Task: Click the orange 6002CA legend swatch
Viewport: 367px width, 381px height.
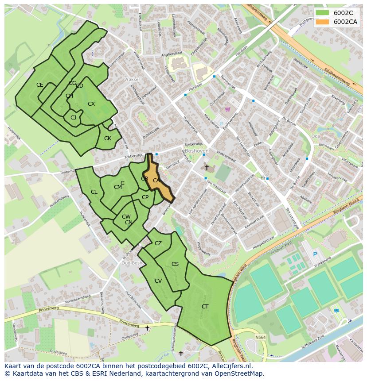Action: click(322, 22)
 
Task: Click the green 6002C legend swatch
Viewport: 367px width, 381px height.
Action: click(322, 13)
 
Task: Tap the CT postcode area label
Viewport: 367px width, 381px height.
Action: click(205, 307)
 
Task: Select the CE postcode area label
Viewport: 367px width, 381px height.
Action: click(40, 85)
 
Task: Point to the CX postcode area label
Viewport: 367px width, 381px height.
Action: click(91, 104)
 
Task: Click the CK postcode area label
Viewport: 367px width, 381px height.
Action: click(107, 139)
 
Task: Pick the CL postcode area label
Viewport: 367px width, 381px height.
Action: click(94, 192)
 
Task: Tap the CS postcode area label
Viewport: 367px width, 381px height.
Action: click(175, 264)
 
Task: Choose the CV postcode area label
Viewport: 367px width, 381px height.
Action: click(158, 281)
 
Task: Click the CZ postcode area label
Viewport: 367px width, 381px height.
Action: click(158, 243)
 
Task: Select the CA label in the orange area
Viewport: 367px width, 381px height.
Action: click(156, 181)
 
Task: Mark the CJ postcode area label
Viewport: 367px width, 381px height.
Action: click(73, 117)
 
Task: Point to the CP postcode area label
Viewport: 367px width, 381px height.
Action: click(145, 197)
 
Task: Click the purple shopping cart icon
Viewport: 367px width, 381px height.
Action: click(228, 109)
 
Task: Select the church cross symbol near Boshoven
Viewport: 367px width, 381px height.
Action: click(207, 167)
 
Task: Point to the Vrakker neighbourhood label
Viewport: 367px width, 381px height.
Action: click(132, 80)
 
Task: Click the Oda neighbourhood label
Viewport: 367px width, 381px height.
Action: click(316, 136)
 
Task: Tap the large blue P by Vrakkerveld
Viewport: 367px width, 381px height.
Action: click(315, 254)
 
